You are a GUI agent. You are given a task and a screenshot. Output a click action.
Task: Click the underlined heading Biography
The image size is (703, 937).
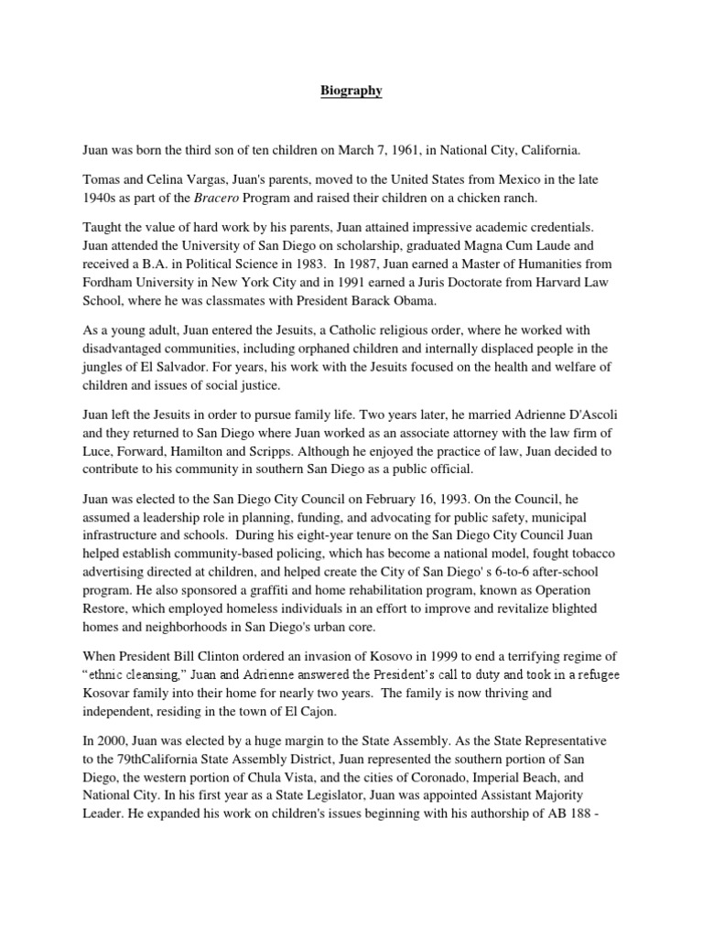pos(351,92)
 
